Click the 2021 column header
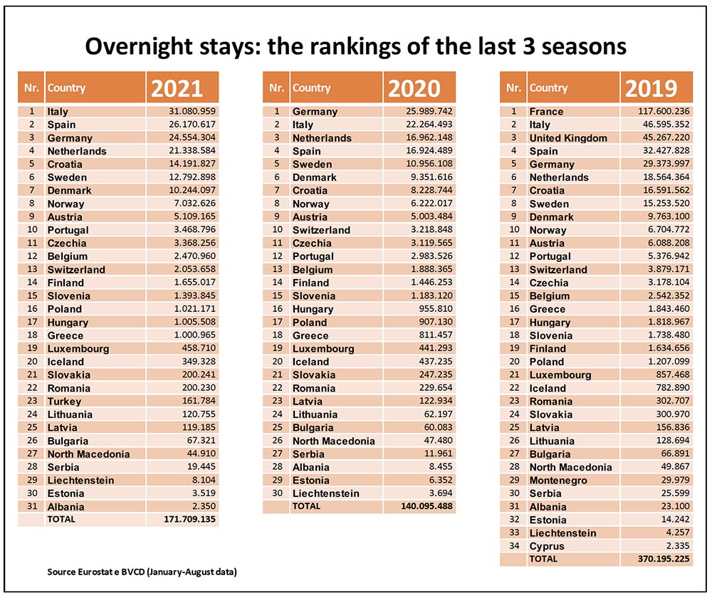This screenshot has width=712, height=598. [x=177, y=88]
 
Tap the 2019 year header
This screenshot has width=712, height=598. [x=651, y=88]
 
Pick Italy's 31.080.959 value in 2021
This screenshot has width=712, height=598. [x=187, y=111]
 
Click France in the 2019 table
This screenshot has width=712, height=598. [x=546, y=111]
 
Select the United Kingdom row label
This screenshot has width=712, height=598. [x=568, y=137]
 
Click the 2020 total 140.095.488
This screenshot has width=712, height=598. [x=418, y=506]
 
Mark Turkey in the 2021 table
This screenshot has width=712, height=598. [x=64, y=401]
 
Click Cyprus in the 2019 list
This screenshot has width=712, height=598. [x=547, y=546]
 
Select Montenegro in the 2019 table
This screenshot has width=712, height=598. [x=558, y=481]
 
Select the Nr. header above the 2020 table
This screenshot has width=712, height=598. [x=277, y=88]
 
